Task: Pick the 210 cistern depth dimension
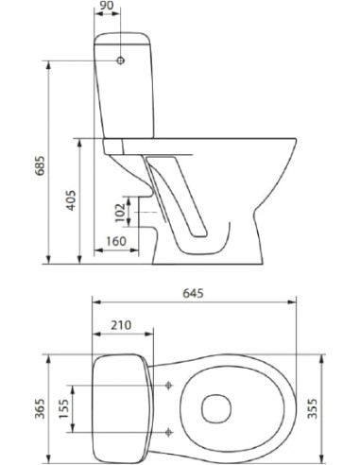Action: click(x=121, y=326)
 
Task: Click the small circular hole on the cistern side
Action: click(x=120, y=60)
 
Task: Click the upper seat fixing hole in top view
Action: click(x=169, y=385)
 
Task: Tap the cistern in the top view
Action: click(x=118, y=407)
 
